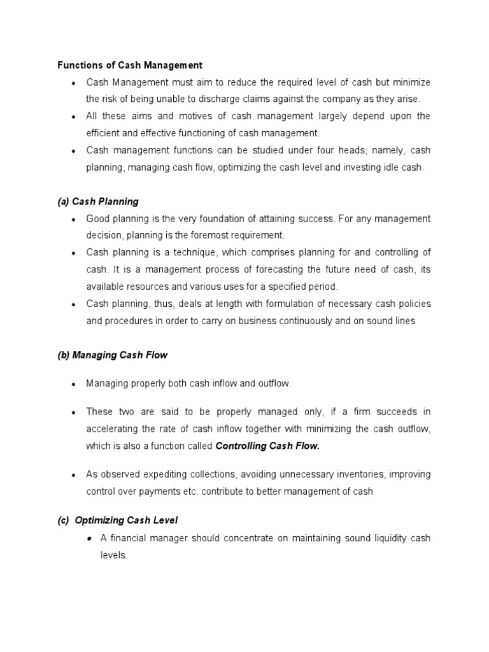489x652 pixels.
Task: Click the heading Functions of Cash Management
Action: (x=130, y=65)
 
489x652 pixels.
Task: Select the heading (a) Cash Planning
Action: (x=98, y=202)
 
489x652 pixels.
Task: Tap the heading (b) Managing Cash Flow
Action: (x=113, y=355)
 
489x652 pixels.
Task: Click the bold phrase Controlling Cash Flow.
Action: (x=267, y=446)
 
